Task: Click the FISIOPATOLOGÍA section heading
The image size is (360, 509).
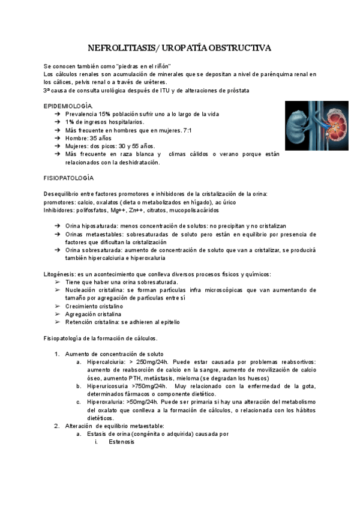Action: point(68,178)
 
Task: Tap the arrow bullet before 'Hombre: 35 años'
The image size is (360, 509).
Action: point(56,138)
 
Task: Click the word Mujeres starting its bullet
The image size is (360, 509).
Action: point(77,146)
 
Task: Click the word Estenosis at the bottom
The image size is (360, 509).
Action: point(122,441)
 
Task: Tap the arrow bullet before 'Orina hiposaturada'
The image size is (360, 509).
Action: point(56,226)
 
